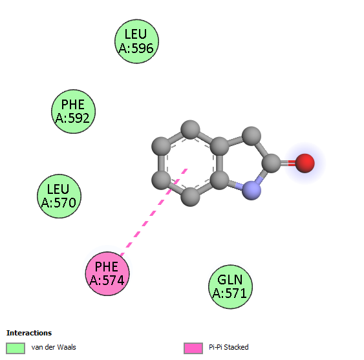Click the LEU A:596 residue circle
(136, 41)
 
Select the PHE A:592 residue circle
(73, 111)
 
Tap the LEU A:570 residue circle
(59, 196)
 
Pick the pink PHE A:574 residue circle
(107, 273)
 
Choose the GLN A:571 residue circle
(231, 287)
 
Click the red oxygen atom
(305, 163)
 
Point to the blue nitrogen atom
(252, 190)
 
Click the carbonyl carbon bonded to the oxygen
(272, 163)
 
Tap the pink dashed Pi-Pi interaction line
(154, 213)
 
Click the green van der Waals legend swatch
(16, 348)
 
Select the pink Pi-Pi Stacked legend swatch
(193, 348)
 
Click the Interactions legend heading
(29, 333)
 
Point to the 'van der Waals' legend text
(54, 347)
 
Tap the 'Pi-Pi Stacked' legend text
(229, 347)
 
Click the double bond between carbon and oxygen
(288, 163)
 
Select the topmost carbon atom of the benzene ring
(190, 130)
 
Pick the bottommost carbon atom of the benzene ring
(190, 197)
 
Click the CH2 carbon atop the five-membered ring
(252, 136)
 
